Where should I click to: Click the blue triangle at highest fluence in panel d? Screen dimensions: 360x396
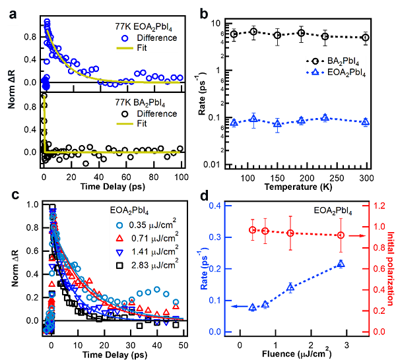tap(341, 264)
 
